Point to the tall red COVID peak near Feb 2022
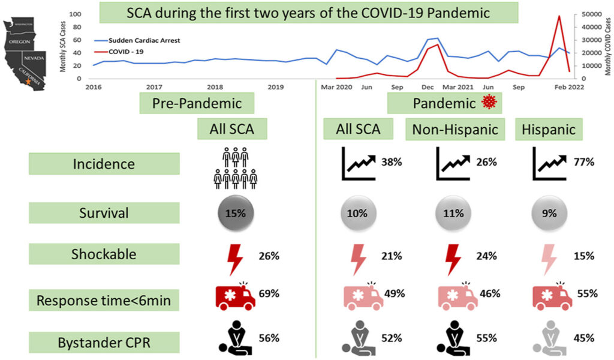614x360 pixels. (559, 17)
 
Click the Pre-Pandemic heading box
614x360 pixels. (197, 103)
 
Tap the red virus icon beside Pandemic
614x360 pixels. (490, 103)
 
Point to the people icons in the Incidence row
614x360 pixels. (235, 169)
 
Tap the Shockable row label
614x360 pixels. (104, 254)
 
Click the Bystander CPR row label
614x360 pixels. (104, 343)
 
